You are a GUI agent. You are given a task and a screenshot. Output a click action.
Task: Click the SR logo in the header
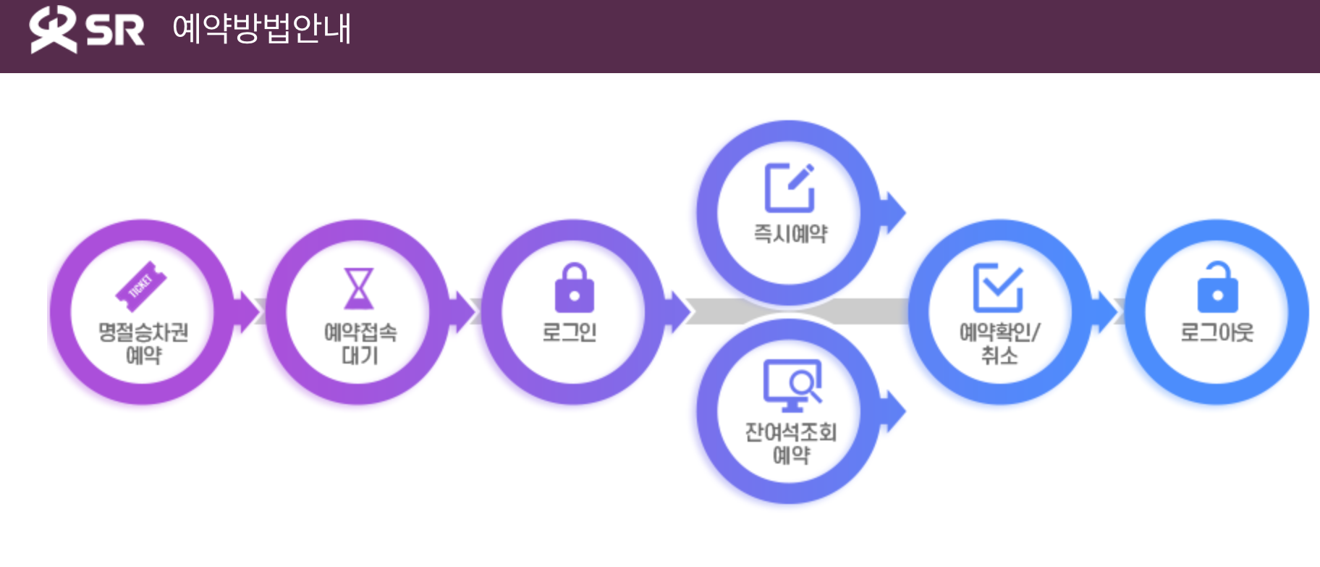86,30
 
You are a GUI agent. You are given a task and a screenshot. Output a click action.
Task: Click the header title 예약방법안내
261,29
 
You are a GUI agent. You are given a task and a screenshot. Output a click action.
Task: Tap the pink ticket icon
141,285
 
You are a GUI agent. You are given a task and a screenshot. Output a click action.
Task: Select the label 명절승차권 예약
143,343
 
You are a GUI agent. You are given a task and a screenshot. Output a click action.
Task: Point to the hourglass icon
358,288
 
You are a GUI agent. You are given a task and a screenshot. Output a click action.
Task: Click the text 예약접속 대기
360,343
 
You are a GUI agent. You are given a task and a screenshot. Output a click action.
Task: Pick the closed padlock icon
574,288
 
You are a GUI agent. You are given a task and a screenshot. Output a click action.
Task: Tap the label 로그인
570,332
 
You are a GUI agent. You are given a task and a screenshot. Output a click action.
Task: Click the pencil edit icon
790,188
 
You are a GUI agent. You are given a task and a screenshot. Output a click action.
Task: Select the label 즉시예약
790,233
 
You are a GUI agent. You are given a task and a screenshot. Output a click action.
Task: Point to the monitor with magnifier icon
792,385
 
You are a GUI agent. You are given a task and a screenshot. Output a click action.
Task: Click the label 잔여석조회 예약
791,443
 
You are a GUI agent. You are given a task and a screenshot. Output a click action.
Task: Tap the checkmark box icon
998,287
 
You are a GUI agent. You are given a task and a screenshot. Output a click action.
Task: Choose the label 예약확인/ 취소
999,343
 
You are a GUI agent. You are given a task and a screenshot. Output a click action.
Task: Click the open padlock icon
1218,287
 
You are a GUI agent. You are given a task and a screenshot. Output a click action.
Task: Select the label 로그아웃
1217,332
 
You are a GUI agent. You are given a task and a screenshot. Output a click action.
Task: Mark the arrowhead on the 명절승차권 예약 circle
249,312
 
